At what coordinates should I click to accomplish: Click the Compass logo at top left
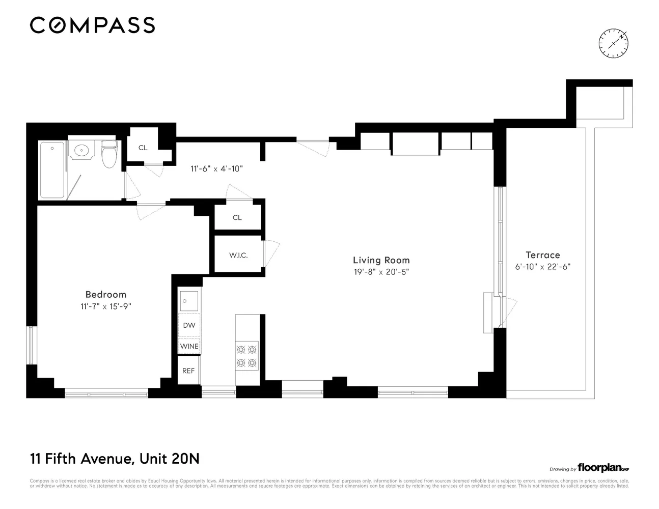[x=92, y=25]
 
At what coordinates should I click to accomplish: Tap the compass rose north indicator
[x=614, y=43]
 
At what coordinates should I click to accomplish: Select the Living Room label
[x=381, y=260]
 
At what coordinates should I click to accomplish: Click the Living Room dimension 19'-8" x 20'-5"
[x=381, y=272]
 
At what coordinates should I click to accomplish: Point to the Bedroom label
[x=105, y=294]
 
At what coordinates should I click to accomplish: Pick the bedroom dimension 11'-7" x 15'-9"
[x=105, y=306]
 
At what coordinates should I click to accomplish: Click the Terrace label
[x=542, y=255]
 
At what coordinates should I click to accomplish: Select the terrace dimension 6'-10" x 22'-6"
[x=542, y=267]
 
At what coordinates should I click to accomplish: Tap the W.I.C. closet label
[x=238, y=256]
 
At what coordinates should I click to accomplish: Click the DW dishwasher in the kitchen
[x=189, y=325]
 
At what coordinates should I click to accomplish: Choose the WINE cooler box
[x=189, y=346]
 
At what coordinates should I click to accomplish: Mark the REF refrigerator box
[x=188, y=371]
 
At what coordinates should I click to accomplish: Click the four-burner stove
[x=246, y=356]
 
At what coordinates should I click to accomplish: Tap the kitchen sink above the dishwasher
[x=189, y=301]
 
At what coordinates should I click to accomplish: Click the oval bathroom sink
[x=82, y=150]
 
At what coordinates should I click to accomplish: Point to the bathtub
[x=52, y=170]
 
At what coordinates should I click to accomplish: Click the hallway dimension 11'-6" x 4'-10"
[x=216, y=168]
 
